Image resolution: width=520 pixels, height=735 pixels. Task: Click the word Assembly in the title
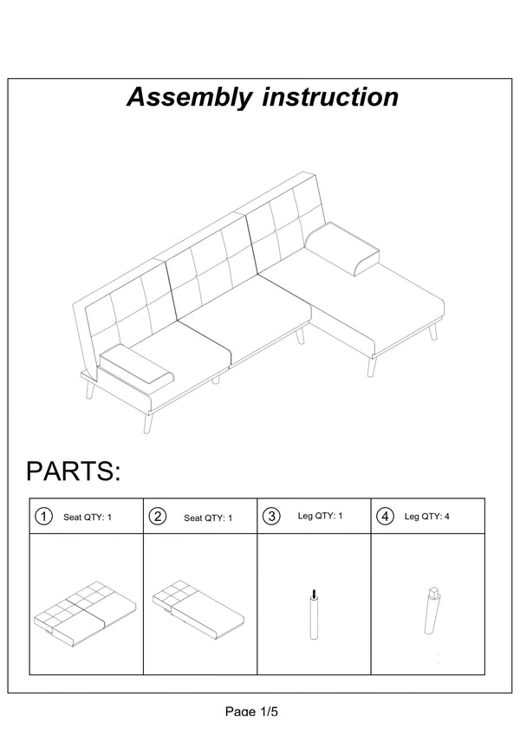[190, 97]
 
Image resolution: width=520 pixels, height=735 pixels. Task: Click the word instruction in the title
[330, 96]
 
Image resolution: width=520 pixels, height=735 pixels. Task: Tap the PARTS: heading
[73, 471]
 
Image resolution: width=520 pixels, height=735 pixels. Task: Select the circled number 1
[43, 517]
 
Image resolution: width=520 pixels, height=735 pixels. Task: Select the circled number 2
[158, 517]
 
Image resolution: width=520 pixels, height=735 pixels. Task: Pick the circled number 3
[271, 516]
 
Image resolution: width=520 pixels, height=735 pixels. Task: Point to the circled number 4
[386, 516]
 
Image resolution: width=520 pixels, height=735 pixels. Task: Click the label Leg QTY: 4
[426, 517]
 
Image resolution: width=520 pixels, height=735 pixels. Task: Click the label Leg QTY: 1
[321, 516]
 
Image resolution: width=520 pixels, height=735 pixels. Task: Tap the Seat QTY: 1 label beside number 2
[208, 518]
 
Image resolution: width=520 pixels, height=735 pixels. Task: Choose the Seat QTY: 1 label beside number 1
[88, 517]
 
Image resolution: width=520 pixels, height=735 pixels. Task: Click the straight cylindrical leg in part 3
[314, 614]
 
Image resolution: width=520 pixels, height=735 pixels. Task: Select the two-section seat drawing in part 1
[85, 609]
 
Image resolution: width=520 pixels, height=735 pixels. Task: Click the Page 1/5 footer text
[251, 711]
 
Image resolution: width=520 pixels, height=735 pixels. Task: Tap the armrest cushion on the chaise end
[342, 249]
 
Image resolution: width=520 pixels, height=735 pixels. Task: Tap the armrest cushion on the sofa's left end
[136, 366]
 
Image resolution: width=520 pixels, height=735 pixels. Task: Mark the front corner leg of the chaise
[371, 366]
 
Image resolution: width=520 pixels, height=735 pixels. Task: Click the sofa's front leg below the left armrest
[147, 422]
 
